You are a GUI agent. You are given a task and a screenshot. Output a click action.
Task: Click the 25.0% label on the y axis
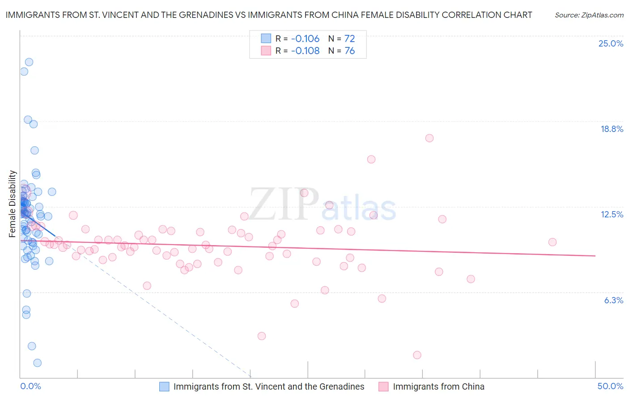611,43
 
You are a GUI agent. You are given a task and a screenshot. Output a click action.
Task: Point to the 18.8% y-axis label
612,129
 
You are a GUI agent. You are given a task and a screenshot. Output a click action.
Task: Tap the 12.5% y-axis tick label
612,214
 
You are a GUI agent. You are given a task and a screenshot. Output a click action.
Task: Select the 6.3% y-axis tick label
613,300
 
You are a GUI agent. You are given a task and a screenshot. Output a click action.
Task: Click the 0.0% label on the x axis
30,386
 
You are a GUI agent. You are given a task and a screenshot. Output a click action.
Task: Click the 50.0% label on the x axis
610,386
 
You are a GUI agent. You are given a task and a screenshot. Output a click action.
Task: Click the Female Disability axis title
13,204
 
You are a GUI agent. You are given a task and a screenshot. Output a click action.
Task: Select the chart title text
269,15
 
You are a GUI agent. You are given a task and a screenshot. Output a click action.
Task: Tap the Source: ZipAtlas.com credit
589,15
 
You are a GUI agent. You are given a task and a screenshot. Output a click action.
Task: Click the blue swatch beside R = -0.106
266,38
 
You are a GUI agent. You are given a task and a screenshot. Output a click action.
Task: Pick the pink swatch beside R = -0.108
266,51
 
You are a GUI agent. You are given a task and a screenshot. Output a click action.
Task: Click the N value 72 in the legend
349,38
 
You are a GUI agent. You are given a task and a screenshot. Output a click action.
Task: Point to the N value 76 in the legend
349,51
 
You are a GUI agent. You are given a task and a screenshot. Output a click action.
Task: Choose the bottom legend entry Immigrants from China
438,386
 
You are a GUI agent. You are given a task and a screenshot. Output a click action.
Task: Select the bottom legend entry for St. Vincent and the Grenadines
269,386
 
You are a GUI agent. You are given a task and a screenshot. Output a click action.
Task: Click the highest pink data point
429,138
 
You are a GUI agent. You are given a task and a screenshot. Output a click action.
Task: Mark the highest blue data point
29,62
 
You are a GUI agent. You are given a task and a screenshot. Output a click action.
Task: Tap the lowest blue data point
38,363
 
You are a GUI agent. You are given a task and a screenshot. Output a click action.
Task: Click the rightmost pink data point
552,242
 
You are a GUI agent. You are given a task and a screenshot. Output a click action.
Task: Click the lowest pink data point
417,355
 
